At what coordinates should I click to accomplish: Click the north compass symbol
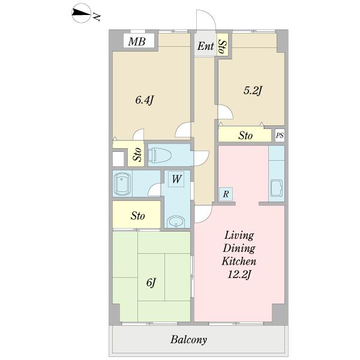click(x=81, y=13)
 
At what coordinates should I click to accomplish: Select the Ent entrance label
click(x=206, y=46)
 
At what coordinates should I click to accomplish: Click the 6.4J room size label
click(x=144, y=100)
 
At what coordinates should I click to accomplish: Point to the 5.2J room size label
click(x=253, y=91)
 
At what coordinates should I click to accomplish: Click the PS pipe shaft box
click(x=280, y=136)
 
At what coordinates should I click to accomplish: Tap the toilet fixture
click(x=160, y=155)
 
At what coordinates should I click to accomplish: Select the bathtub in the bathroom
click(x=122, y=184)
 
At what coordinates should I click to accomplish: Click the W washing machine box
click(x=176, y=179)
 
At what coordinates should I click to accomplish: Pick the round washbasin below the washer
click(x=176, y=221)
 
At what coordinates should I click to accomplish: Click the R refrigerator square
click(x=226, y=194)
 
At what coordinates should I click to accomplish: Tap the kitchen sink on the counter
click(x=277, y=188)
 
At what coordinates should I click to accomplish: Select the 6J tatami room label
click(x=151, y=283)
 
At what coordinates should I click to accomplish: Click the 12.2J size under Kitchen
click(x=239, y=275)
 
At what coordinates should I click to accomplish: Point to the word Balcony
click(x=188, y=340)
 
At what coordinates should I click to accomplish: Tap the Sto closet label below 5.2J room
click(x=245, y=136)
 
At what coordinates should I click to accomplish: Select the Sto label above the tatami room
click(x=138, y=216)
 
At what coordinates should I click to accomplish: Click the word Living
click(x=239, y=236)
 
